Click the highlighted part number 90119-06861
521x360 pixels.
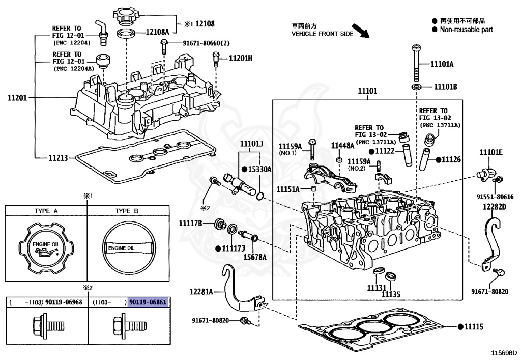148,302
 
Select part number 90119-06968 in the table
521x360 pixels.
64,302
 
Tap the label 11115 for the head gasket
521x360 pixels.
474,327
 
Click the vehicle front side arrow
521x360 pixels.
361,31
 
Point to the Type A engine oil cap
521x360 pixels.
46,247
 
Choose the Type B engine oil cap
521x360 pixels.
129,248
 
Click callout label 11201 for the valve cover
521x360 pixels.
17,98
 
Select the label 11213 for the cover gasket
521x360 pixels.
58,158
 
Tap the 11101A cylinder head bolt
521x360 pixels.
416,63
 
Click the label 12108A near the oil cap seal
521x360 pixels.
158,32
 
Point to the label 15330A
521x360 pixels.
260,169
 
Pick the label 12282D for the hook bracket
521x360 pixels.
495,207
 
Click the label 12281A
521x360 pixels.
201,292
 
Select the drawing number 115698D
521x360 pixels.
505,353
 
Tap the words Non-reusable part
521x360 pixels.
466,30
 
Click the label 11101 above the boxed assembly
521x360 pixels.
367,91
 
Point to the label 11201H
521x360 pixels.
241,58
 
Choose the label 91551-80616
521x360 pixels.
495,197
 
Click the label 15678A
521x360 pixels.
255,257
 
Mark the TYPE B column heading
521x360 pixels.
127,211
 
